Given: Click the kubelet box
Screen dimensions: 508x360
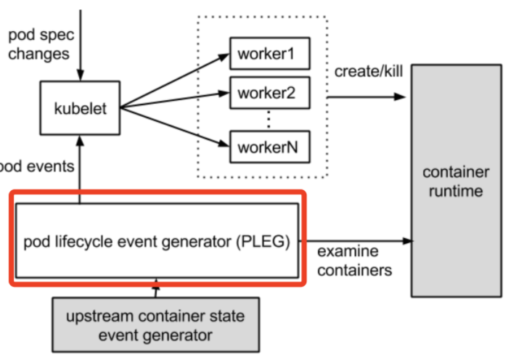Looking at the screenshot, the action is pyautogui.click(x=80, y=108).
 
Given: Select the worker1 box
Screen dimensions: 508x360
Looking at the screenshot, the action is pyautogui.click(x=270, y=54).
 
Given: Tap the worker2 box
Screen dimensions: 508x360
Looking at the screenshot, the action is pyautogui.click(x=270, y=93).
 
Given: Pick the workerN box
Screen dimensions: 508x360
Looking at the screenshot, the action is pyautogui.click(x=270, y=147).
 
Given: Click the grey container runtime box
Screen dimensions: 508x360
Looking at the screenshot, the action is pyautogui.click(x=456, y=181).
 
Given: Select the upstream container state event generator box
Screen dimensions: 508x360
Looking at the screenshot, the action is pyautogui.click(x=156, y=324).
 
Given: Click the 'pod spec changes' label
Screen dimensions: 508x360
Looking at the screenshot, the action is pyautogui.click(x=41, y=44).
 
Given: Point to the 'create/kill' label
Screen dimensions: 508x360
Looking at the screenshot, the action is pyautogui.click(x=369, y=71).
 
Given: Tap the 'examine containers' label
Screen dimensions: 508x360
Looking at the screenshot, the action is pyautogui.click(x=354, y=261).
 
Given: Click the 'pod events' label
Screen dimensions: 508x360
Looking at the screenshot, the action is pyautogui.click(x=37, y=166).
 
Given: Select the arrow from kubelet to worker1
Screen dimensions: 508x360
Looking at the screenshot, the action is pyautogui.click(x=175, y=81).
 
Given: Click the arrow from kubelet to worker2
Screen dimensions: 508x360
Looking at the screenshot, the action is pyautogui.click(x=175, y=100).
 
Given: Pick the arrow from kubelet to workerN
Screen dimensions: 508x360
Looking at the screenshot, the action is pyautogui.click(x=175, y=127).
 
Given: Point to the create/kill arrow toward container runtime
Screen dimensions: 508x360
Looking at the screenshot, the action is pyautogui.click(x=366, y=97).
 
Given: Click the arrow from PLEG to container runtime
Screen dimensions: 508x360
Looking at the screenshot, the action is pyautogui.click(x=356, y=241).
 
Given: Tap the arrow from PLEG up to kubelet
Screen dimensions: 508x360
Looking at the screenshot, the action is pyautogui.click(x=80, y=169).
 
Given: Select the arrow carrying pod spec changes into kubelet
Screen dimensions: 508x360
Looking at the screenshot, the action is pyautogui.click(x=81, y=46).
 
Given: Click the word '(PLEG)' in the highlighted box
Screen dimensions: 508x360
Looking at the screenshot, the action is pyautogui.click(x=263, y=242).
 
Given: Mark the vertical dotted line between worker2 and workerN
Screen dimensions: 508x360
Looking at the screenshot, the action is pyautogui.click(x=269, y=120).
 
